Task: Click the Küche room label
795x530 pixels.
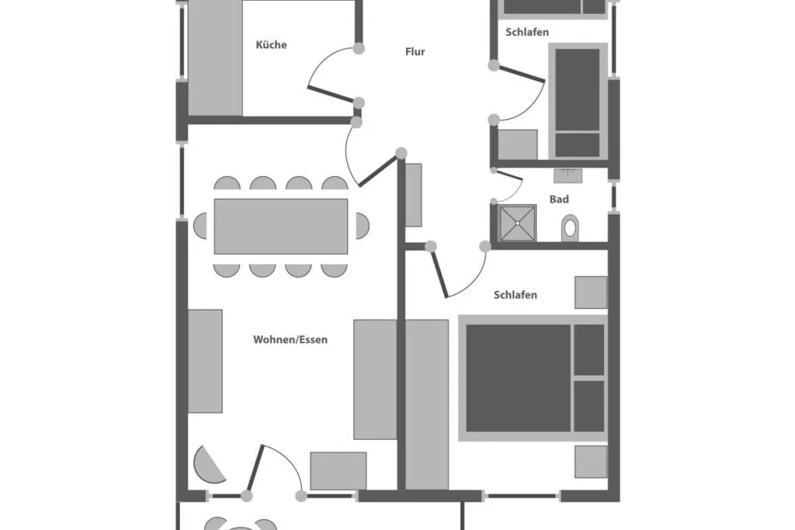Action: coord(271,45)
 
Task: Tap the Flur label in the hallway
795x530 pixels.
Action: coord(415,52)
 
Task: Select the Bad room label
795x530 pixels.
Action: coord(559,199)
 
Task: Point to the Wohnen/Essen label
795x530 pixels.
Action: coord(290,339)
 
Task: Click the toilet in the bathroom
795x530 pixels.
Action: coord(570,228)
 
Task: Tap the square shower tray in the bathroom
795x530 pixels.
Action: coord(518,223)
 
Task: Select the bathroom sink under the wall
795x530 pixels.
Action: coord(568,176)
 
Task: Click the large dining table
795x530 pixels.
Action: coord(281,227)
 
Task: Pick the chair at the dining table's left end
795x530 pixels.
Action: coord(200,226)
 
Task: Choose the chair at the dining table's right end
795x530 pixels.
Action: coord(363,226)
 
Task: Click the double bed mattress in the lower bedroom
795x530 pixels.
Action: coord(518,378)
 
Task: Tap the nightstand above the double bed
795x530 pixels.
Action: coord(591,293)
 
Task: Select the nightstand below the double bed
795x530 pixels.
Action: coord(591,462)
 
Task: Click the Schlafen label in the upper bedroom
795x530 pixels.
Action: coord(527,33)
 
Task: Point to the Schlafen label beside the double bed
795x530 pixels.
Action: coord(516,295)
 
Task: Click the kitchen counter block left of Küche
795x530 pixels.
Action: coord(215,57)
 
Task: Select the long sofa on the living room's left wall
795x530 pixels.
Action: coord(205,362)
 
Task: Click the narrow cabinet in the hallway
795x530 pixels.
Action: coord(414,195)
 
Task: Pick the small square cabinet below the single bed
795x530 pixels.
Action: coord(518,144)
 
